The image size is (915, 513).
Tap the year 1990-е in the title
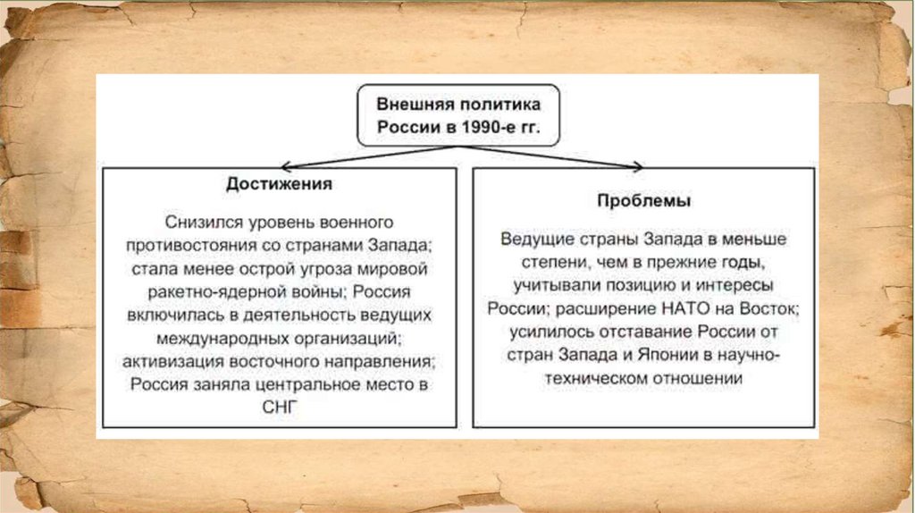487,127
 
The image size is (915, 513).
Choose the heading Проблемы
643,201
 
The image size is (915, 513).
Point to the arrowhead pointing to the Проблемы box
636,166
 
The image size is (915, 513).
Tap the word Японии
662,356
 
